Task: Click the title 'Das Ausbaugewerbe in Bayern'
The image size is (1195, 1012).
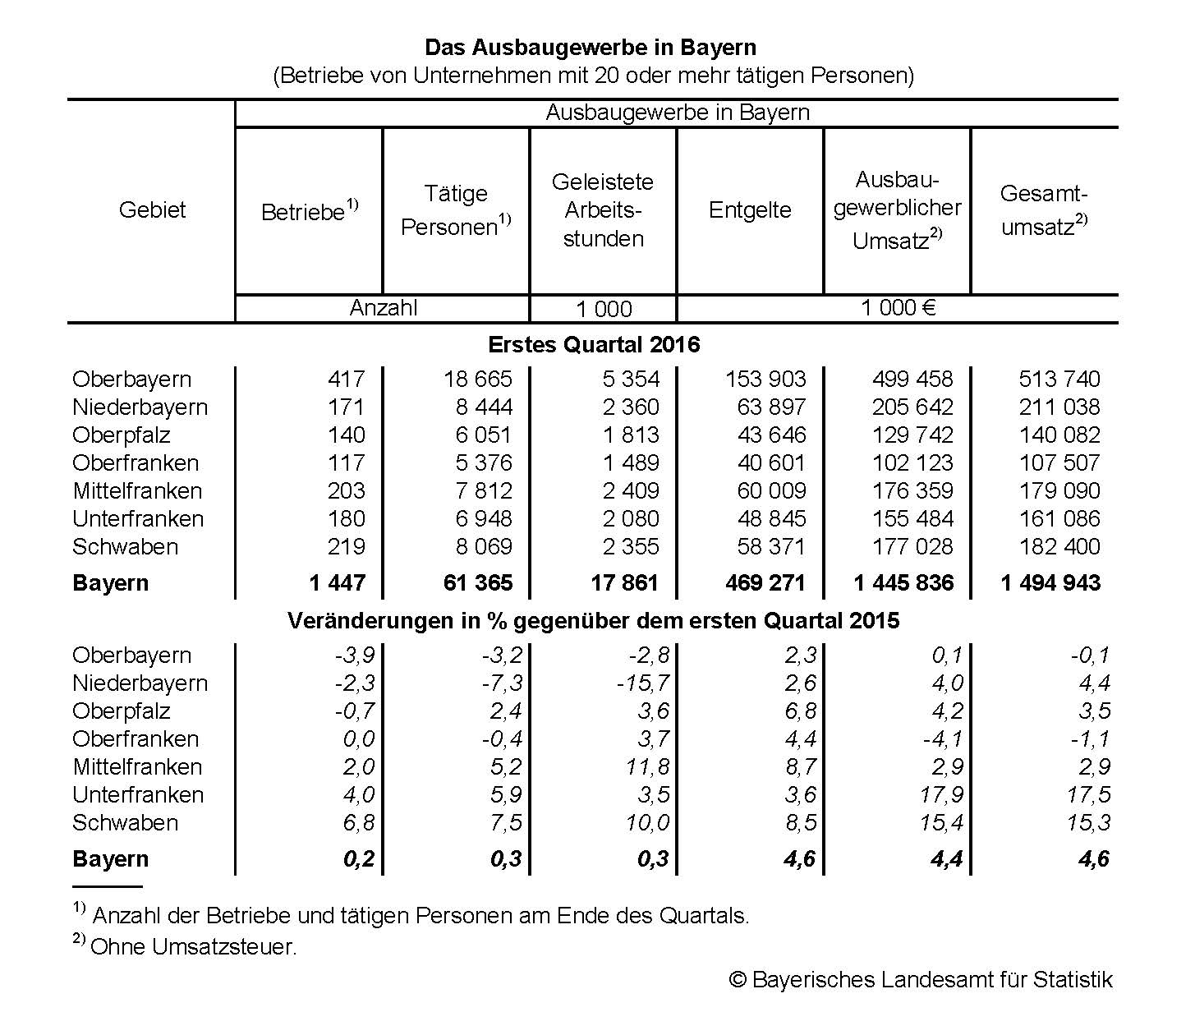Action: tap(591, 48)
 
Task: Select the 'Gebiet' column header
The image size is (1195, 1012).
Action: tap(152, 210)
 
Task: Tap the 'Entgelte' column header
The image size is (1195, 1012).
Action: tap(749, 210)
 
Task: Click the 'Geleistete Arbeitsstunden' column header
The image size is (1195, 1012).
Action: tap(603, 210)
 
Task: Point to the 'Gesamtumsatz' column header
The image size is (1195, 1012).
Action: tap(1044, 210)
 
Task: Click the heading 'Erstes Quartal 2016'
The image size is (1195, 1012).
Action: tap(594, 344)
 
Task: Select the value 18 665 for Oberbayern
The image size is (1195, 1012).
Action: tap(477, 379)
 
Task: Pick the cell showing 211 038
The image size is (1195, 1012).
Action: tap(1059, 407)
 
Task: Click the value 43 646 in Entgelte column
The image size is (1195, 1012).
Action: tap(771, 435)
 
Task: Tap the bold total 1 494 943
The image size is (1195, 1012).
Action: tap(1050, 583)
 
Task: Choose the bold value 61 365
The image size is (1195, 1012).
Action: tap(478, 583)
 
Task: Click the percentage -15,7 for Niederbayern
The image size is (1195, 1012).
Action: tap(643, 683)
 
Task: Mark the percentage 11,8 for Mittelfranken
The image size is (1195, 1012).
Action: tap(648, 767)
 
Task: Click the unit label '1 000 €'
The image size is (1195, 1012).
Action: tap(898, 309)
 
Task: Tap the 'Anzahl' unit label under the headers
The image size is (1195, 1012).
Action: tap(383, 309)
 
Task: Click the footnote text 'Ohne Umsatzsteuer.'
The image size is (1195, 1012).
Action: tap(194, 947)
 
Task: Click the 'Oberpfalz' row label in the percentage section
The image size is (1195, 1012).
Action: tap(121, 711)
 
